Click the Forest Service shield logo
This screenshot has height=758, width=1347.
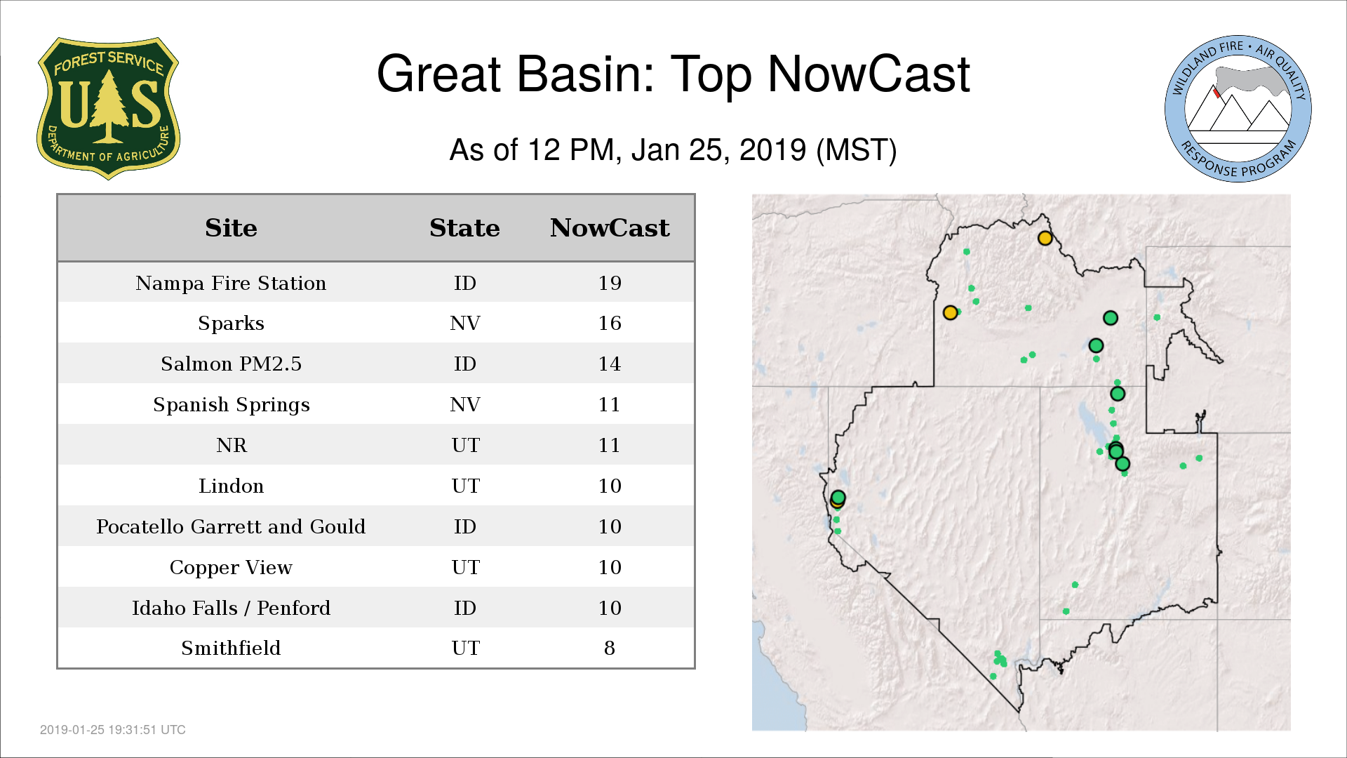pyautogui.click(x=108, y=109)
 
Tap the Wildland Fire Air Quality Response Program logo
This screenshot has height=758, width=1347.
pyautogui.click(x=1238, y=109)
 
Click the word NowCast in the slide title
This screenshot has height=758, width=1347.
pyautogui.click(x=869, y=74)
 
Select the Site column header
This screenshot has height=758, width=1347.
pyautogui.click(x=231, y=228)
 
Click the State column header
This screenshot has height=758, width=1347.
pyautogui.click(x=464, y=228)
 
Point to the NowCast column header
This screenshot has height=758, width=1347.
pyautogui.click(x=610, y=228)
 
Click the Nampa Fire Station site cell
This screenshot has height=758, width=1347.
pyautogui.click(x=231, y=283)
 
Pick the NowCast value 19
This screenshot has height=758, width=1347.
pyautogui.click(x=610, y=283)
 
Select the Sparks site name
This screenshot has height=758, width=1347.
pyautogui.click(x=231, y=324)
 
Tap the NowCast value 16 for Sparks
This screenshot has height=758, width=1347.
pyautogui.click(x=610, y=324)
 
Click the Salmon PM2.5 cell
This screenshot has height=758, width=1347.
pyautogui.click(x=231, y=364)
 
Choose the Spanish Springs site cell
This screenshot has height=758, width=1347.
pyautogui.click(x=231, y=405)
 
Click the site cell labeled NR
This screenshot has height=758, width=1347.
pyautogui.click(x=232, y=446)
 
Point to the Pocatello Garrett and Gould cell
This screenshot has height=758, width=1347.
pyautogui.click(x=231, y=526)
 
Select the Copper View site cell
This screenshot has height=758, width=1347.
pyautogui.click(x=231, y=568)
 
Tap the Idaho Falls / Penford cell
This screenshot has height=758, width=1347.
pyautogui.click(x=231, y=608)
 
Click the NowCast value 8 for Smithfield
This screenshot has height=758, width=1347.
pyautogui.click(x=610, y=648)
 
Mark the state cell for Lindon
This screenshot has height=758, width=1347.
pyautogui.click(x=465, y=486)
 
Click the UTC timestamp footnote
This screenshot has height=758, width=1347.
pyautogui.click(x=113, y=730)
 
